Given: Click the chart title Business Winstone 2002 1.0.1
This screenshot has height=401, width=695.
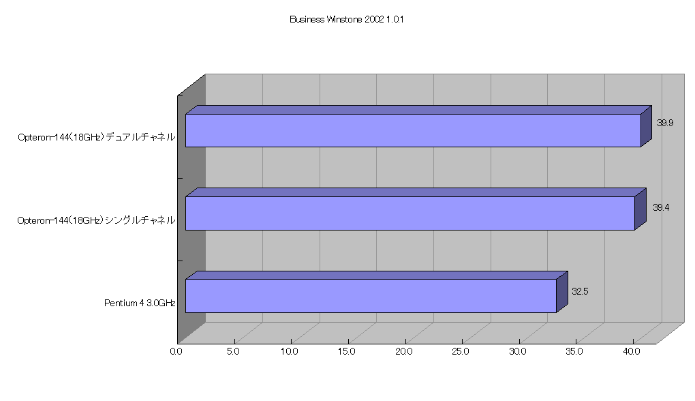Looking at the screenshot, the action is tap(347, 20).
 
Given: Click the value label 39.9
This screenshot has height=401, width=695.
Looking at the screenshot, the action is tap(665, 123).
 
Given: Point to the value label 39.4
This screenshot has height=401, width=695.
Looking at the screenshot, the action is tap(661, 207).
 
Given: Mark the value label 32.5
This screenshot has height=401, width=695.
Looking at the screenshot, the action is tap(580, 291).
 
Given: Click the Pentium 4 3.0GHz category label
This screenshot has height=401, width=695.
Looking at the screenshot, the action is tap(140, 303).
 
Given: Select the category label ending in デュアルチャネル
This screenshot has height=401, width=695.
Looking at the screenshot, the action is tap(97, 137).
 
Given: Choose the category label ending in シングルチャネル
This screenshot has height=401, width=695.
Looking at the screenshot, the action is tap(96, 220).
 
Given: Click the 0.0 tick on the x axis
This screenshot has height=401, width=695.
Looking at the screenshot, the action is tap(176, 352).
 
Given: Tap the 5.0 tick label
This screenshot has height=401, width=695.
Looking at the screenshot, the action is tap(233, 352).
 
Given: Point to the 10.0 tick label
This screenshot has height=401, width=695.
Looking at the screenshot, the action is tap(289, 352).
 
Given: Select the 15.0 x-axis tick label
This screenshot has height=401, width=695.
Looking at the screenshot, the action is tap(346, 352).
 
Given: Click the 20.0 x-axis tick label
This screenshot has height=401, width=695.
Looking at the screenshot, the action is tap(404, 352).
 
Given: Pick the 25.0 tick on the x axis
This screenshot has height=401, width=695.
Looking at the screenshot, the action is tap(461, 352).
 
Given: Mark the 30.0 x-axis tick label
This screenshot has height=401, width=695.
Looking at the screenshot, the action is tap(518, 352).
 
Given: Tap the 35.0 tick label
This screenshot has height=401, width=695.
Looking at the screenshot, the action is tap(574, 352).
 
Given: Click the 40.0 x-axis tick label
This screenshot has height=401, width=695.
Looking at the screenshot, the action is tap(632, 352).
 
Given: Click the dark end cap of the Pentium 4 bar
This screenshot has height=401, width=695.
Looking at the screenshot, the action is tap(562, 292).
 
